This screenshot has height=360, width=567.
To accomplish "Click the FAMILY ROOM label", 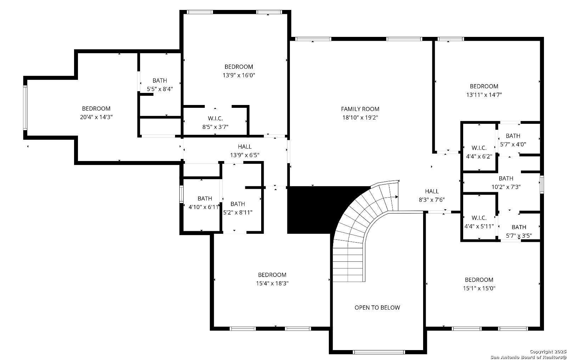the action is [x=360, y=109].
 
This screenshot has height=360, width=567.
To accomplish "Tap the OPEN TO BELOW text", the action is [x=377, y=308].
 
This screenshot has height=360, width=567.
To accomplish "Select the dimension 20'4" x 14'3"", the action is [x=96, y=117].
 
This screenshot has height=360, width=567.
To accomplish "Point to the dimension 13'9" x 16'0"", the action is [x=239, y=75].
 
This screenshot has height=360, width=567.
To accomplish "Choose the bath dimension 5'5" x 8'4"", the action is [x=160, y=89].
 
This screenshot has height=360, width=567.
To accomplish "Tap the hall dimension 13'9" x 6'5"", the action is [x=245, y=155].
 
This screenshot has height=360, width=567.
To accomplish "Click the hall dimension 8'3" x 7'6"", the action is [x=432, y=200].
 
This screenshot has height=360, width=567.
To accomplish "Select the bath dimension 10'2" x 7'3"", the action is [x=506, y=187].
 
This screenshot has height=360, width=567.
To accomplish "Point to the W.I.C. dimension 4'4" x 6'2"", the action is [x=479, y=156].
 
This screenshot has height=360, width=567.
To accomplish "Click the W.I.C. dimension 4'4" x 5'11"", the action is [x=479, y=226].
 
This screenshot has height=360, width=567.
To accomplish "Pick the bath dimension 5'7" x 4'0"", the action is [x=513, y=144].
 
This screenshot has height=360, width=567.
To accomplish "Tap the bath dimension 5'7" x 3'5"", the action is [x=519, y=236].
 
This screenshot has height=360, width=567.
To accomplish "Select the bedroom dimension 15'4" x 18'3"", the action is [x=272, y=283].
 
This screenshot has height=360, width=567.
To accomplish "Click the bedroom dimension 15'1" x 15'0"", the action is [x=479, y=288].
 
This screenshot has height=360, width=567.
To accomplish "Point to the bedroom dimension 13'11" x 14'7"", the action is [x=484, y=95].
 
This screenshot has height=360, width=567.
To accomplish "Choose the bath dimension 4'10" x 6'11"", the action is [x=204, y=207].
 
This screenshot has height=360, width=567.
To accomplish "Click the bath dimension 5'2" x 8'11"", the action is [x=238, y=212].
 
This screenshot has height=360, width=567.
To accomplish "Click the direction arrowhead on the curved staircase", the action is [x=397, y=197].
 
